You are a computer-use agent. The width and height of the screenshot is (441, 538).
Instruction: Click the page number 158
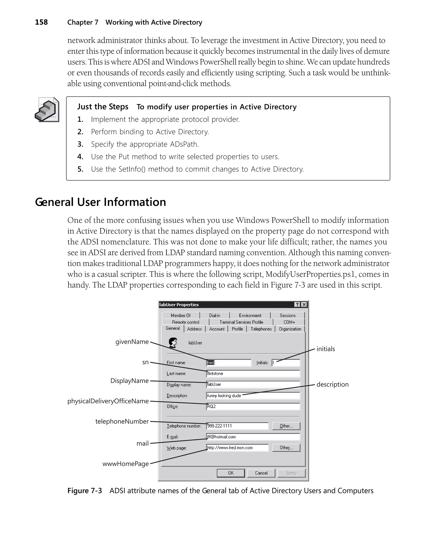point(41,22)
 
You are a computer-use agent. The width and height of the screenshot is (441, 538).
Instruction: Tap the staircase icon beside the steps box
point(47,110)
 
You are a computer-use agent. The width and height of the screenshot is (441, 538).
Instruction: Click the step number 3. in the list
point(81,144)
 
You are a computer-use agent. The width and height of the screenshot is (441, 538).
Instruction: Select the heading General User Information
point(100,202)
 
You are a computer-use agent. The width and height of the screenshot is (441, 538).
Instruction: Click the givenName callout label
point(132,342)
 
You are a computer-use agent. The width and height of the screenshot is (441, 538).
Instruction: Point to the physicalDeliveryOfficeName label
point(108,401)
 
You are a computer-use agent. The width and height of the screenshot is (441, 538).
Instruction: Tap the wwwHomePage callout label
point(126,464)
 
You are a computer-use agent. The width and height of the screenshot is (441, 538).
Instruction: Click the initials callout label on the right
point(325,349)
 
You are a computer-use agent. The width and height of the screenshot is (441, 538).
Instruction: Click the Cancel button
point(261,473)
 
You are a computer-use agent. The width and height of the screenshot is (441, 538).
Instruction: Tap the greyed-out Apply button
point(291,473)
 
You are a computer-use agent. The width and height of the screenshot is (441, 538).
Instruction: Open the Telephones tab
point(261,329)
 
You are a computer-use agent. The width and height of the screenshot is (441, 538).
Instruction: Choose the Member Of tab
point(180,316)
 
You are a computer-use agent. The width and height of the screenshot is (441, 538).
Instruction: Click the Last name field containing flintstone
point(253,374)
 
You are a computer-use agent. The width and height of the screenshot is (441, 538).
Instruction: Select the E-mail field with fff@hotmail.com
point(253,437)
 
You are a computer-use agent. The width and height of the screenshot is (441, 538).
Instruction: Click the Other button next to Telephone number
point(286,426)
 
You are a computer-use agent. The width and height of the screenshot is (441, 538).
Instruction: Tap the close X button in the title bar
point(304,305)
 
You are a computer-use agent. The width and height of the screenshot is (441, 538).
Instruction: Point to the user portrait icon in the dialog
point(173,343)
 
